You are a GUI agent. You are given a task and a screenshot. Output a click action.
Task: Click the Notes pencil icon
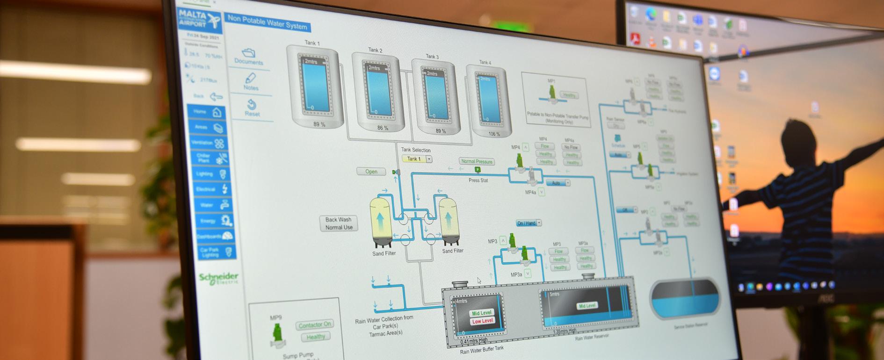click(250, 78)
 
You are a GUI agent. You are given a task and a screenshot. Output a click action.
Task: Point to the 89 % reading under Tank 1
click(319, 124)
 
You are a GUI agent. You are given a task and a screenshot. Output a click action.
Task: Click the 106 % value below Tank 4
click(494, 134)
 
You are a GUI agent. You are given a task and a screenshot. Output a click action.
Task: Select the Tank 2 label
click(375, 50)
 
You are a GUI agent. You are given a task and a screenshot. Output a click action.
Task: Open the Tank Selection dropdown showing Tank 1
click(416, 159)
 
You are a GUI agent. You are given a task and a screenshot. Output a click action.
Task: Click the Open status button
click(371, 172)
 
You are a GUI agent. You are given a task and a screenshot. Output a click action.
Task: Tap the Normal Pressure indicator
click(477, 161)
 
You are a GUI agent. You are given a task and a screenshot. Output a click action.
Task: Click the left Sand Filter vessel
click(381, 222)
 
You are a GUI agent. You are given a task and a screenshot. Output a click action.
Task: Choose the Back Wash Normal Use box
click(339, 223)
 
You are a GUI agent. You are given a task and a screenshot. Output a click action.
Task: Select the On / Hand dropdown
click(529, 223)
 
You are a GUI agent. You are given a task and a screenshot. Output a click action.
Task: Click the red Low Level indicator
click(482, 321)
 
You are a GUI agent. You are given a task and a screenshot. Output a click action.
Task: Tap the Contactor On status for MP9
click(314, 324)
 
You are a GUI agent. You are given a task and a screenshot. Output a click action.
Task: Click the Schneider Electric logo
click(219, 278)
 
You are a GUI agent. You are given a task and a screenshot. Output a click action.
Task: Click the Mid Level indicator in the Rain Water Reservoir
click(587, 306)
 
